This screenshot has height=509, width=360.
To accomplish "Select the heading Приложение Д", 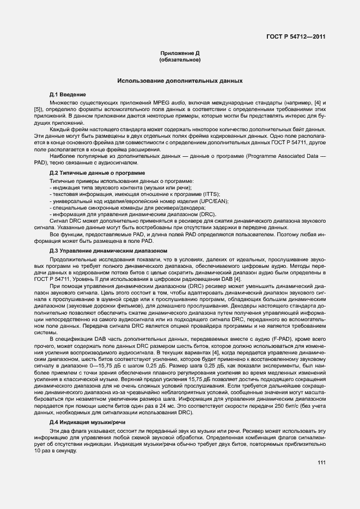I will pos(180,53).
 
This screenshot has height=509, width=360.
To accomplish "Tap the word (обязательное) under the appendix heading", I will pos(180,59).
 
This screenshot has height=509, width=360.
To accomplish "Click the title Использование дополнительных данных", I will pos(180,81).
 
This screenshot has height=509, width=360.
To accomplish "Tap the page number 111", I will pos(321,463).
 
